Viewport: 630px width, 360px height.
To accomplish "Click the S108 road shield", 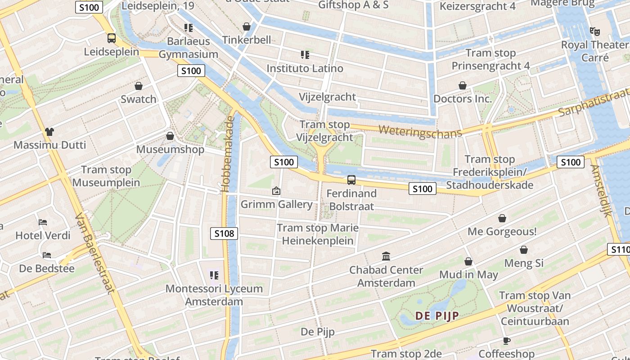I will coord(224,233).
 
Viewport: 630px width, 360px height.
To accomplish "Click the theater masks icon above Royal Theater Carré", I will coord(595,31).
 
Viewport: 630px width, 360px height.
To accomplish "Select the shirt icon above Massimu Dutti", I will coord(49,131).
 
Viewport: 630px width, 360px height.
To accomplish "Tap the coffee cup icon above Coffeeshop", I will coord(506,341).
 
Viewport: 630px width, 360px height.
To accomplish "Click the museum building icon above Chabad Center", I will coord(386,256).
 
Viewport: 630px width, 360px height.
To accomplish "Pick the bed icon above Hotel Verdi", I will coord(43,222).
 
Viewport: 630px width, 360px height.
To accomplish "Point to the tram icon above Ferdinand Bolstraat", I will coord(351,180).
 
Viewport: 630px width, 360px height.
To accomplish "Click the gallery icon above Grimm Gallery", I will coord(276,191).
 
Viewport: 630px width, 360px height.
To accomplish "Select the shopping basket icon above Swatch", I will coord(139,85).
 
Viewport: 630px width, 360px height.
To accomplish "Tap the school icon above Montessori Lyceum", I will coord(214,275).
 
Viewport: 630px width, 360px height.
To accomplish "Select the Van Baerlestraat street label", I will coord(94,253).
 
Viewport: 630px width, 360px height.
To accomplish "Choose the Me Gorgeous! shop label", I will coord(502,232).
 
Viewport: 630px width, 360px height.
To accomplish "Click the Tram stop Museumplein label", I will coord(106,176).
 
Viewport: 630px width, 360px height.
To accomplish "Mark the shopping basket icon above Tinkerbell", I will coord(247,27).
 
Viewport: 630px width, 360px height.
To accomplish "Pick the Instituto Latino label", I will coord(305,68).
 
